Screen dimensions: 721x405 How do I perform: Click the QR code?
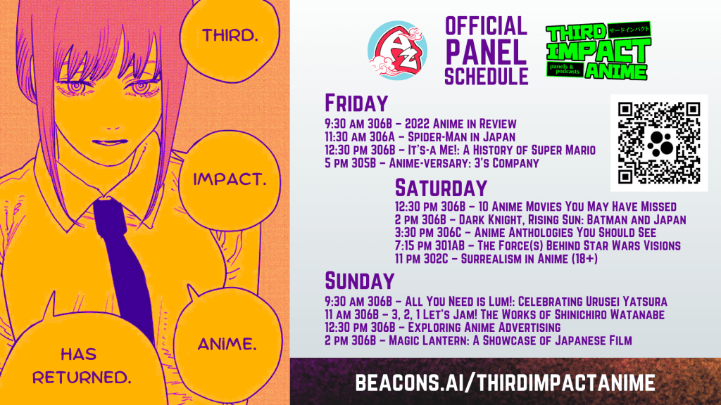659,143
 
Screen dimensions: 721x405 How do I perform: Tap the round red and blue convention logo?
397,51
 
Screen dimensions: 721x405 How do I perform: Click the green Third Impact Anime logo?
598,51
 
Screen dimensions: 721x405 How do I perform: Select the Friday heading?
356,103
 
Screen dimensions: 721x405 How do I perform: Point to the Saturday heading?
441,188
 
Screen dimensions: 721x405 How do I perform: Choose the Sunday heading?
360,281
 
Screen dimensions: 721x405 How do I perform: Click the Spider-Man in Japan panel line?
420,137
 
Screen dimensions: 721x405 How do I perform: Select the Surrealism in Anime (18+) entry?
496,259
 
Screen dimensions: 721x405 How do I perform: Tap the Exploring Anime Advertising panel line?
442,328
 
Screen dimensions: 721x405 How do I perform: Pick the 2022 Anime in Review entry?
420,124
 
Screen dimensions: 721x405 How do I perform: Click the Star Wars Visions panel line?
537,245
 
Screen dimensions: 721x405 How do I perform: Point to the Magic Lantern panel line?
478,340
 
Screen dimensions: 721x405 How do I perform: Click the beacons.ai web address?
505,382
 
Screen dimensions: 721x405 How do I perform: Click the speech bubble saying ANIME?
227,342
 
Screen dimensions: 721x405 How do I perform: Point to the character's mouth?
109,142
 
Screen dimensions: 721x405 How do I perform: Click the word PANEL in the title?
486,52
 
